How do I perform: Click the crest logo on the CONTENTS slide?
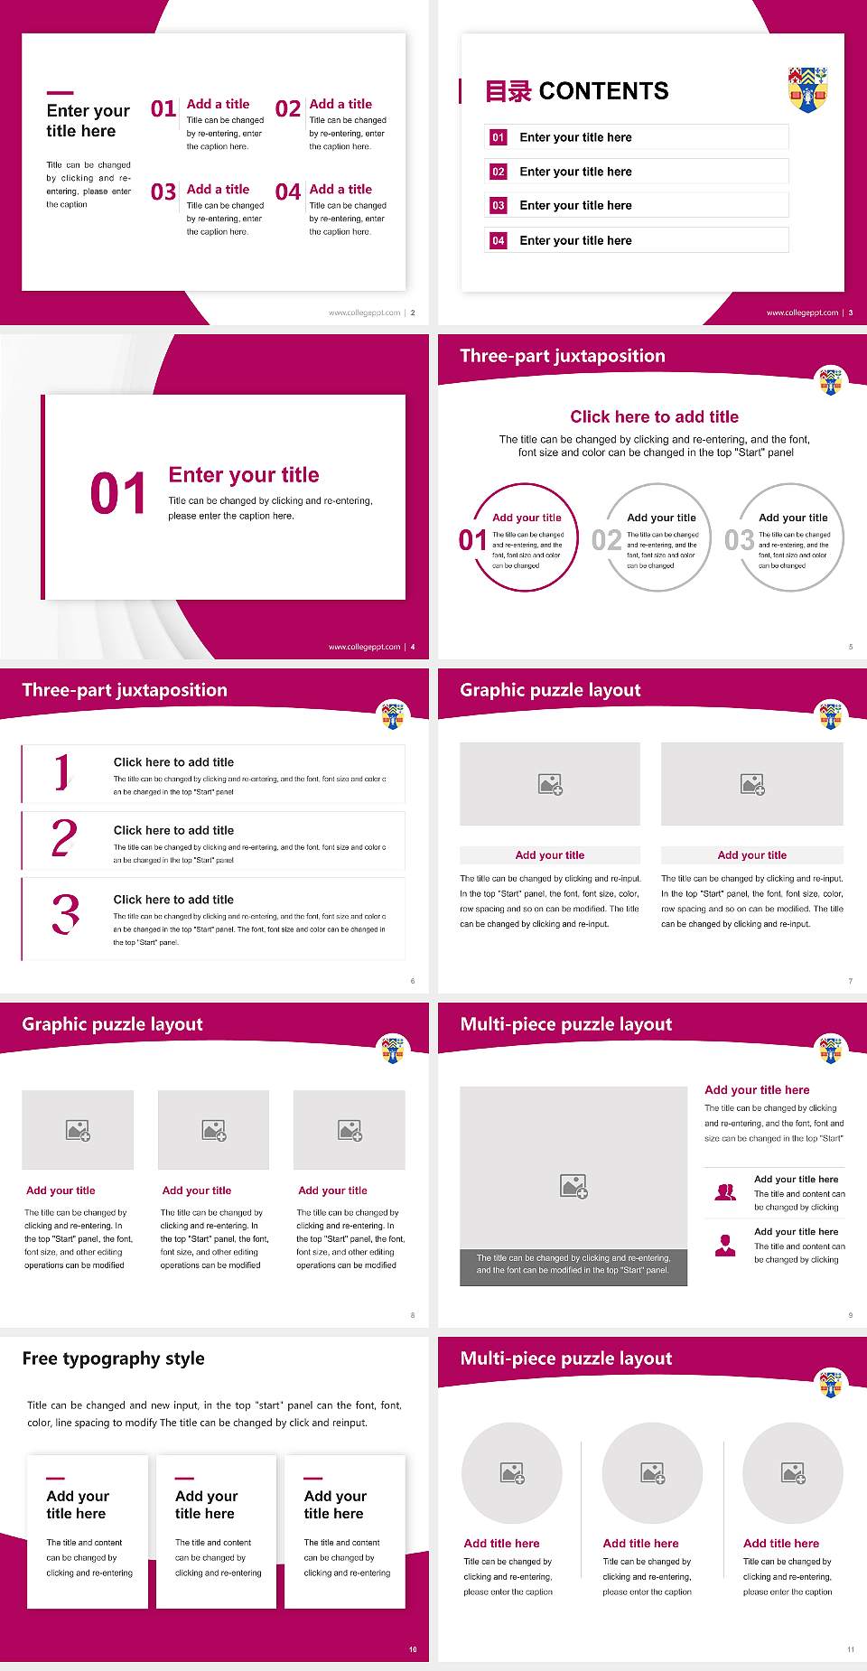tap(808, 89)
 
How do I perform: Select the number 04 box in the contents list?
tap(499, 240)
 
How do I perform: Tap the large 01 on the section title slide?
tap(118, 494)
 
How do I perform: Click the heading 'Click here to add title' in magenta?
tap(654, 416)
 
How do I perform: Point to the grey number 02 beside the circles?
tap(606, 540)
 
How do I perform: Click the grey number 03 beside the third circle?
tap(739, 540)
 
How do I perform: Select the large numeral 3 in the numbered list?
tap(65, 914)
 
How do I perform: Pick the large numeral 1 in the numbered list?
tap(62, 772)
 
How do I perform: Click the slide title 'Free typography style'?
tap(114, 1358)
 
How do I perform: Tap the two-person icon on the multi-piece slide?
tap(725, 1192)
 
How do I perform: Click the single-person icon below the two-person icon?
tap(725, 1246)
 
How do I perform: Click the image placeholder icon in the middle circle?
tap(653, 1473)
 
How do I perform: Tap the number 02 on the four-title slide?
tap(288, 109)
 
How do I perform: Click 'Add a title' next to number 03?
tap(218, 189)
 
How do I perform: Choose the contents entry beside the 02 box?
tap(575, 172)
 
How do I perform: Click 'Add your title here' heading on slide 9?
tap(757, 1090)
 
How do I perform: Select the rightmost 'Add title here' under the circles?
tap(781, 1544)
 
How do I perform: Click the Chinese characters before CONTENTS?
tap(508, 91)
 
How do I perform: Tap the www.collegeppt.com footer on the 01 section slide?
tap(364, 647)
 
